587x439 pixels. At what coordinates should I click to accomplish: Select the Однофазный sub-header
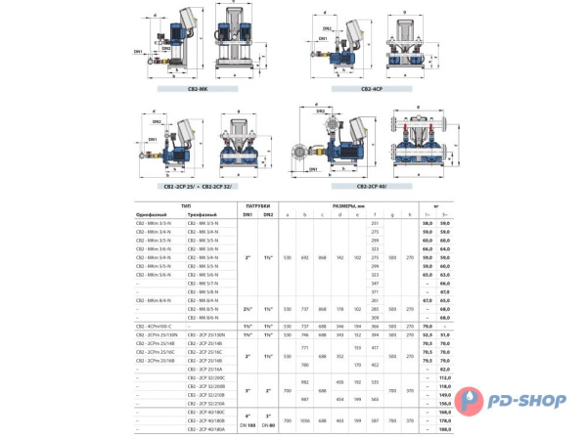click(154, 215)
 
